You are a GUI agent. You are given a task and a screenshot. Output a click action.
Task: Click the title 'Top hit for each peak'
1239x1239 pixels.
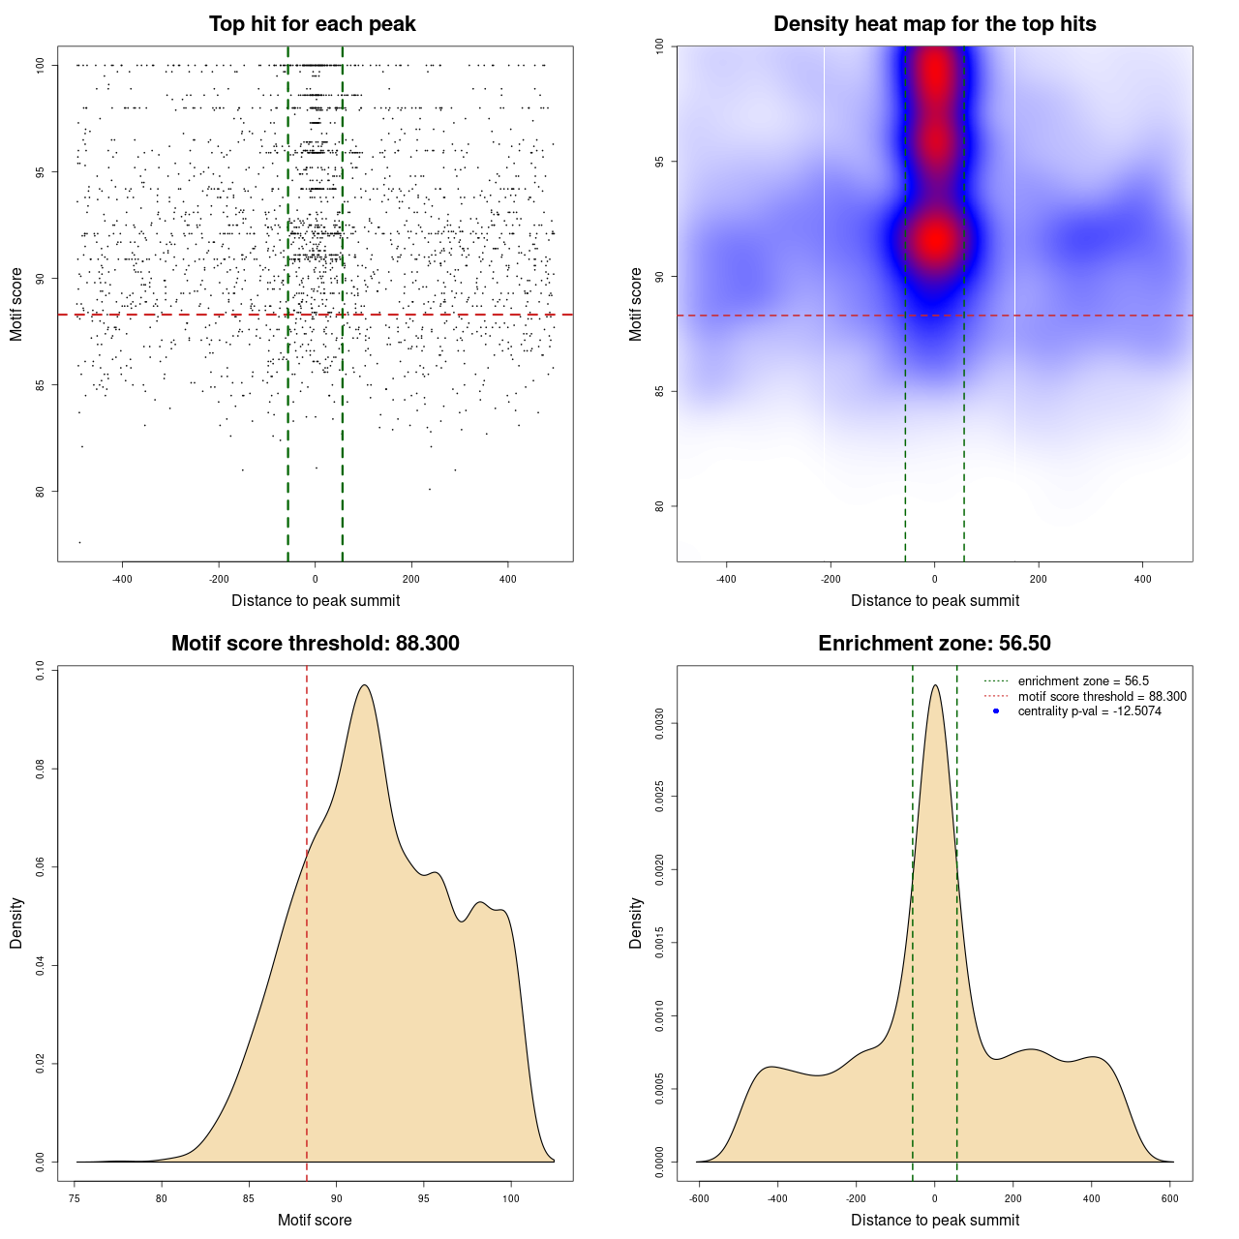point(312,24)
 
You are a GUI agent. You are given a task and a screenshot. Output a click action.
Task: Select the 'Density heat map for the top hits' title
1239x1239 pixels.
point(934,24)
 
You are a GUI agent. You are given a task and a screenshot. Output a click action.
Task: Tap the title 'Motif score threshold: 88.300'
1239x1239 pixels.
point(315,644)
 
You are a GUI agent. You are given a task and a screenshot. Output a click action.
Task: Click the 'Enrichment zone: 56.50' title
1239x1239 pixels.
point(934,644)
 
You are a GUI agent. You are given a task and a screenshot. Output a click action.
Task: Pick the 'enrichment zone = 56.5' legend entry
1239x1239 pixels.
point(1083,681)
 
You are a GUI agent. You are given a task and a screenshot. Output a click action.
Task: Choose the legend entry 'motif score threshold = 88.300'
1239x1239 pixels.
point(1102,696)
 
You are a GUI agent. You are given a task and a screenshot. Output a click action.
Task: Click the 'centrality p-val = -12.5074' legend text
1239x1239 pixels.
point(1089,711)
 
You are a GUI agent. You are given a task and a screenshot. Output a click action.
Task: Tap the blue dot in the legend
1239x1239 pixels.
point(996,711)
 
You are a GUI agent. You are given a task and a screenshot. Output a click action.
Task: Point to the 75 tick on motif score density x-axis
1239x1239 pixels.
point(76,1198)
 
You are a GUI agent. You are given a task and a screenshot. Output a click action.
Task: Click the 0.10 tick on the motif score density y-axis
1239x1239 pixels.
point(40,671)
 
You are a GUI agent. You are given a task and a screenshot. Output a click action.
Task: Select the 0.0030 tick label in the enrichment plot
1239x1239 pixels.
point(659,723)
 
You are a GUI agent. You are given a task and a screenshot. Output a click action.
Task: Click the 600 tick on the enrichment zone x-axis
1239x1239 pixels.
point(1170,1198)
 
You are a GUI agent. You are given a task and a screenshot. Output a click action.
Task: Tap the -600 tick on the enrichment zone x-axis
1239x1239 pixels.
point(699,1198)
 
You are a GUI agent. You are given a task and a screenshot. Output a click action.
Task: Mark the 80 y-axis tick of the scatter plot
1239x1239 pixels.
point(40,491)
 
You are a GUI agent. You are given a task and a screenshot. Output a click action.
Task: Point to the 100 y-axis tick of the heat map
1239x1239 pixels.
point(659,45)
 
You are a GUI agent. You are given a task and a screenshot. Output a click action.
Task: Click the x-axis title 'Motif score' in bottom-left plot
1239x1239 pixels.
point(315,1220)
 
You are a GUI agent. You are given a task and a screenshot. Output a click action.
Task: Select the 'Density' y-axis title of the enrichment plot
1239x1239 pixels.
point(636,922)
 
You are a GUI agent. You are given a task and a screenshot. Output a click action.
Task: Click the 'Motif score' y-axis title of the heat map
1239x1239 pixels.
point(636,304)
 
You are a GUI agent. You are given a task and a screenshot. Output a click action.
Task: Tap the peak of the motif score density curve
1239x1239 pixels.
point(364,685)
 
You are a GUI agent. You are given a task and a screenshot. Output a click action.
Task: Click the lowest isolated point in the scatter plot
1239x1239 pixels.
point(79,542)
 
